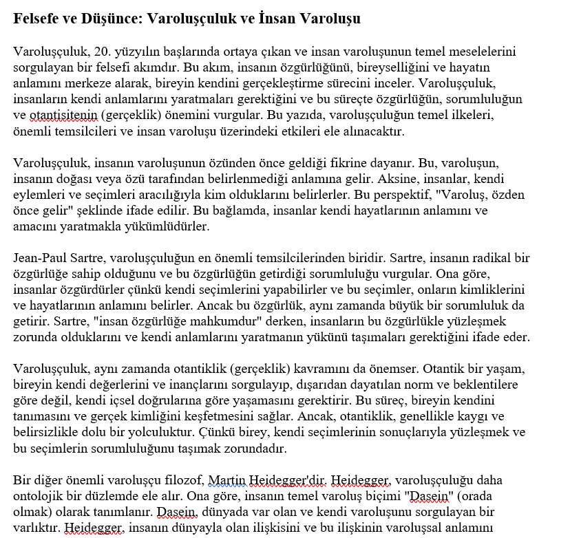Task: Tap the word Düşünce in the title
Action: (112, 19)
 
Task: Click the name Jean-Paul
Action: (38, 258)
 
